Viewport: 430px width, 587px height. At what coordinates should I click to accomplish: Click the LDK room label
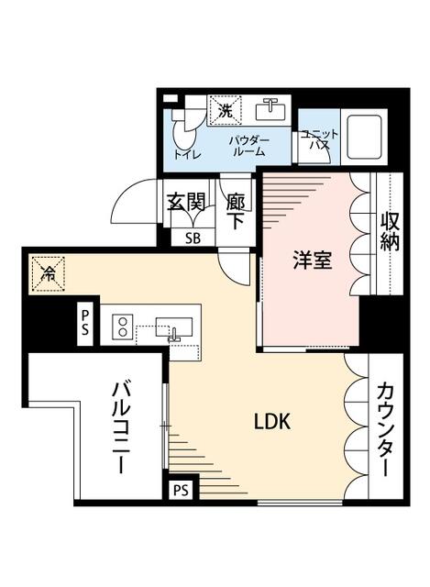pyautogui.click(x=272, y=421)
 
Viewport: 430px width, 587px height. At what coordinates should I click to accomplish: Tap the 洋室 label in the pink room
pyautogui.click(x=311, y=260)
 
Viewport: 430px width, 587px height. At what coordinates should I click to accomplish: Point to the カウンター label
pyautogui.click(x=385, y=429)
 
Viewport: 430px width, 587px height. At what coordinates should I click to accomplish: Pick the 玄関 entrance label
pyautogui.click(x=186, y=201)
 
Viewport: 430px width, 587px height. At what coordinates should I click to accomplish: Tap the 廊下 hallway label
pyautogui.click(x=236, y=210)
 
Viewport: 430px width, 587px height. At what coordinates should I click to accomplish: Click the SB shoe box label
pyautogui.click(x=193, y=237)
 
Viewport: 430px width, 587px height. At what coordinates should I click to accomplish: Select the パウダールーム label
pyautogui.click(x=248, y=145)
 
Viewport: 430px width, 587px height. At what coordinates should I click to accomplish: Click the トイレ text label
pyautogui.click(x=185, y=154)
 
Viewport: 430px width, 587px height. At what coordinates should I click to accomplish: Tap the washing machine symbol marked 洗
pyautogui.click(x=226, y=110)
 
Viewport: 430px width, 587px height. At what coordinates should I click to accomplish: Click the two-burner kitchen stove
pyautogui.click(x=122, y=327)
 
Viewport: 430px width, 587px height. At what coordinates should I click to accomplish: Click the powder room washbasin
pyautogui.click(x=271, y=110)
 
